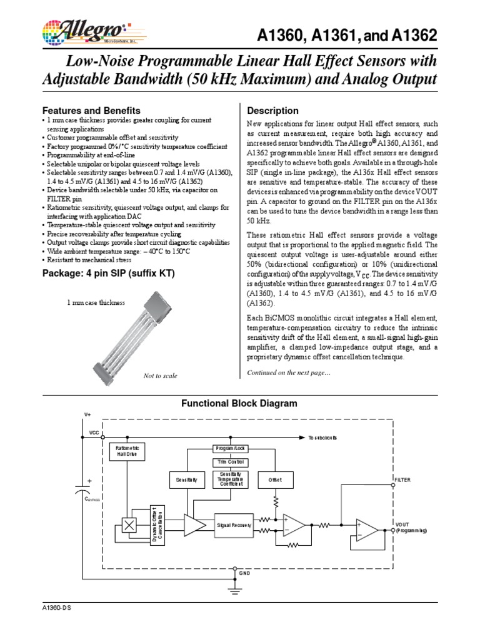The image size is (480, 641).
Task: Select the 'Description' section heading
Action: pos(273,111)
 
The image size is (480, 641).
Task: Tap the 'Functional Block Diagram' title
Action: pos(239,404)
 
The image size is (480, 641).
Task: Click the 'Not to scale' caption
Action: pos(160,376)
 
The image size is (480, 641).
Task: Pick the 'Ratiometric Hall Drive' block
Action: pos(127,451)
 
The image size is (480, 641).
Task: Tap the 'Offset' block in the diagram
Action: pos(275,480)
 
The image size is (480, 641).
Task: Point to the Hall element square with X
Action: pos(130,525)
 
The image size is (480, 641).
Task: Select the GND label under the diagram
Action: pos(244,573)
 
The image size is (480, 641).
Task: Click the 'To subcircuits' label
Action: pos(322,438)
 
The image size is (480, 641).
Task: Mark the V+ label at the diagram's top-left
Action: pos(87,415)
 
